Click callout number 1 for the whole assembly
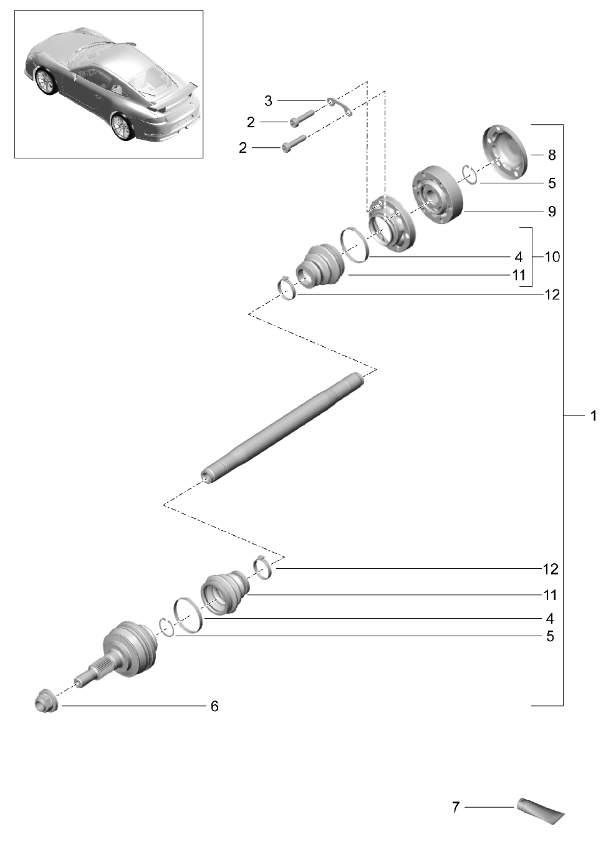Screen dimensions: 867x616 (x=594, y=415)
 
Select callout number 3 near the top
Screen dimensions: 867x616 (x=268, y=100)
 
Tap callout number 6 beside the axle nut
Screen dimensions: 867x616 (x=214, y=706)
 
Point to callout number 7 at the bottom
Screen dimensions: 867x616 (x=456, y=807)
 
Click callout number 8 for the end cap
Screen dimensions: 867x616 (x=551, y=155)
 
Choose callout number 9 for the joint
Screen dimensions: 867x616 (x=551, y=211)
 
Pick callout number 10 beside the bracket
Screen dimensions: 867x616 (x=552, y=257)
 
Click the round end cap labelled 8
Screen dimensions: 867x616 (x=506, y=150)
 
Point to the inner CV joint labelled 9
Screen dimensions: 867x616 (x=438, y=194)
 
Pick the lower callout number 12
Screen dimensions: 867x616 (x=551, y=569)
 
